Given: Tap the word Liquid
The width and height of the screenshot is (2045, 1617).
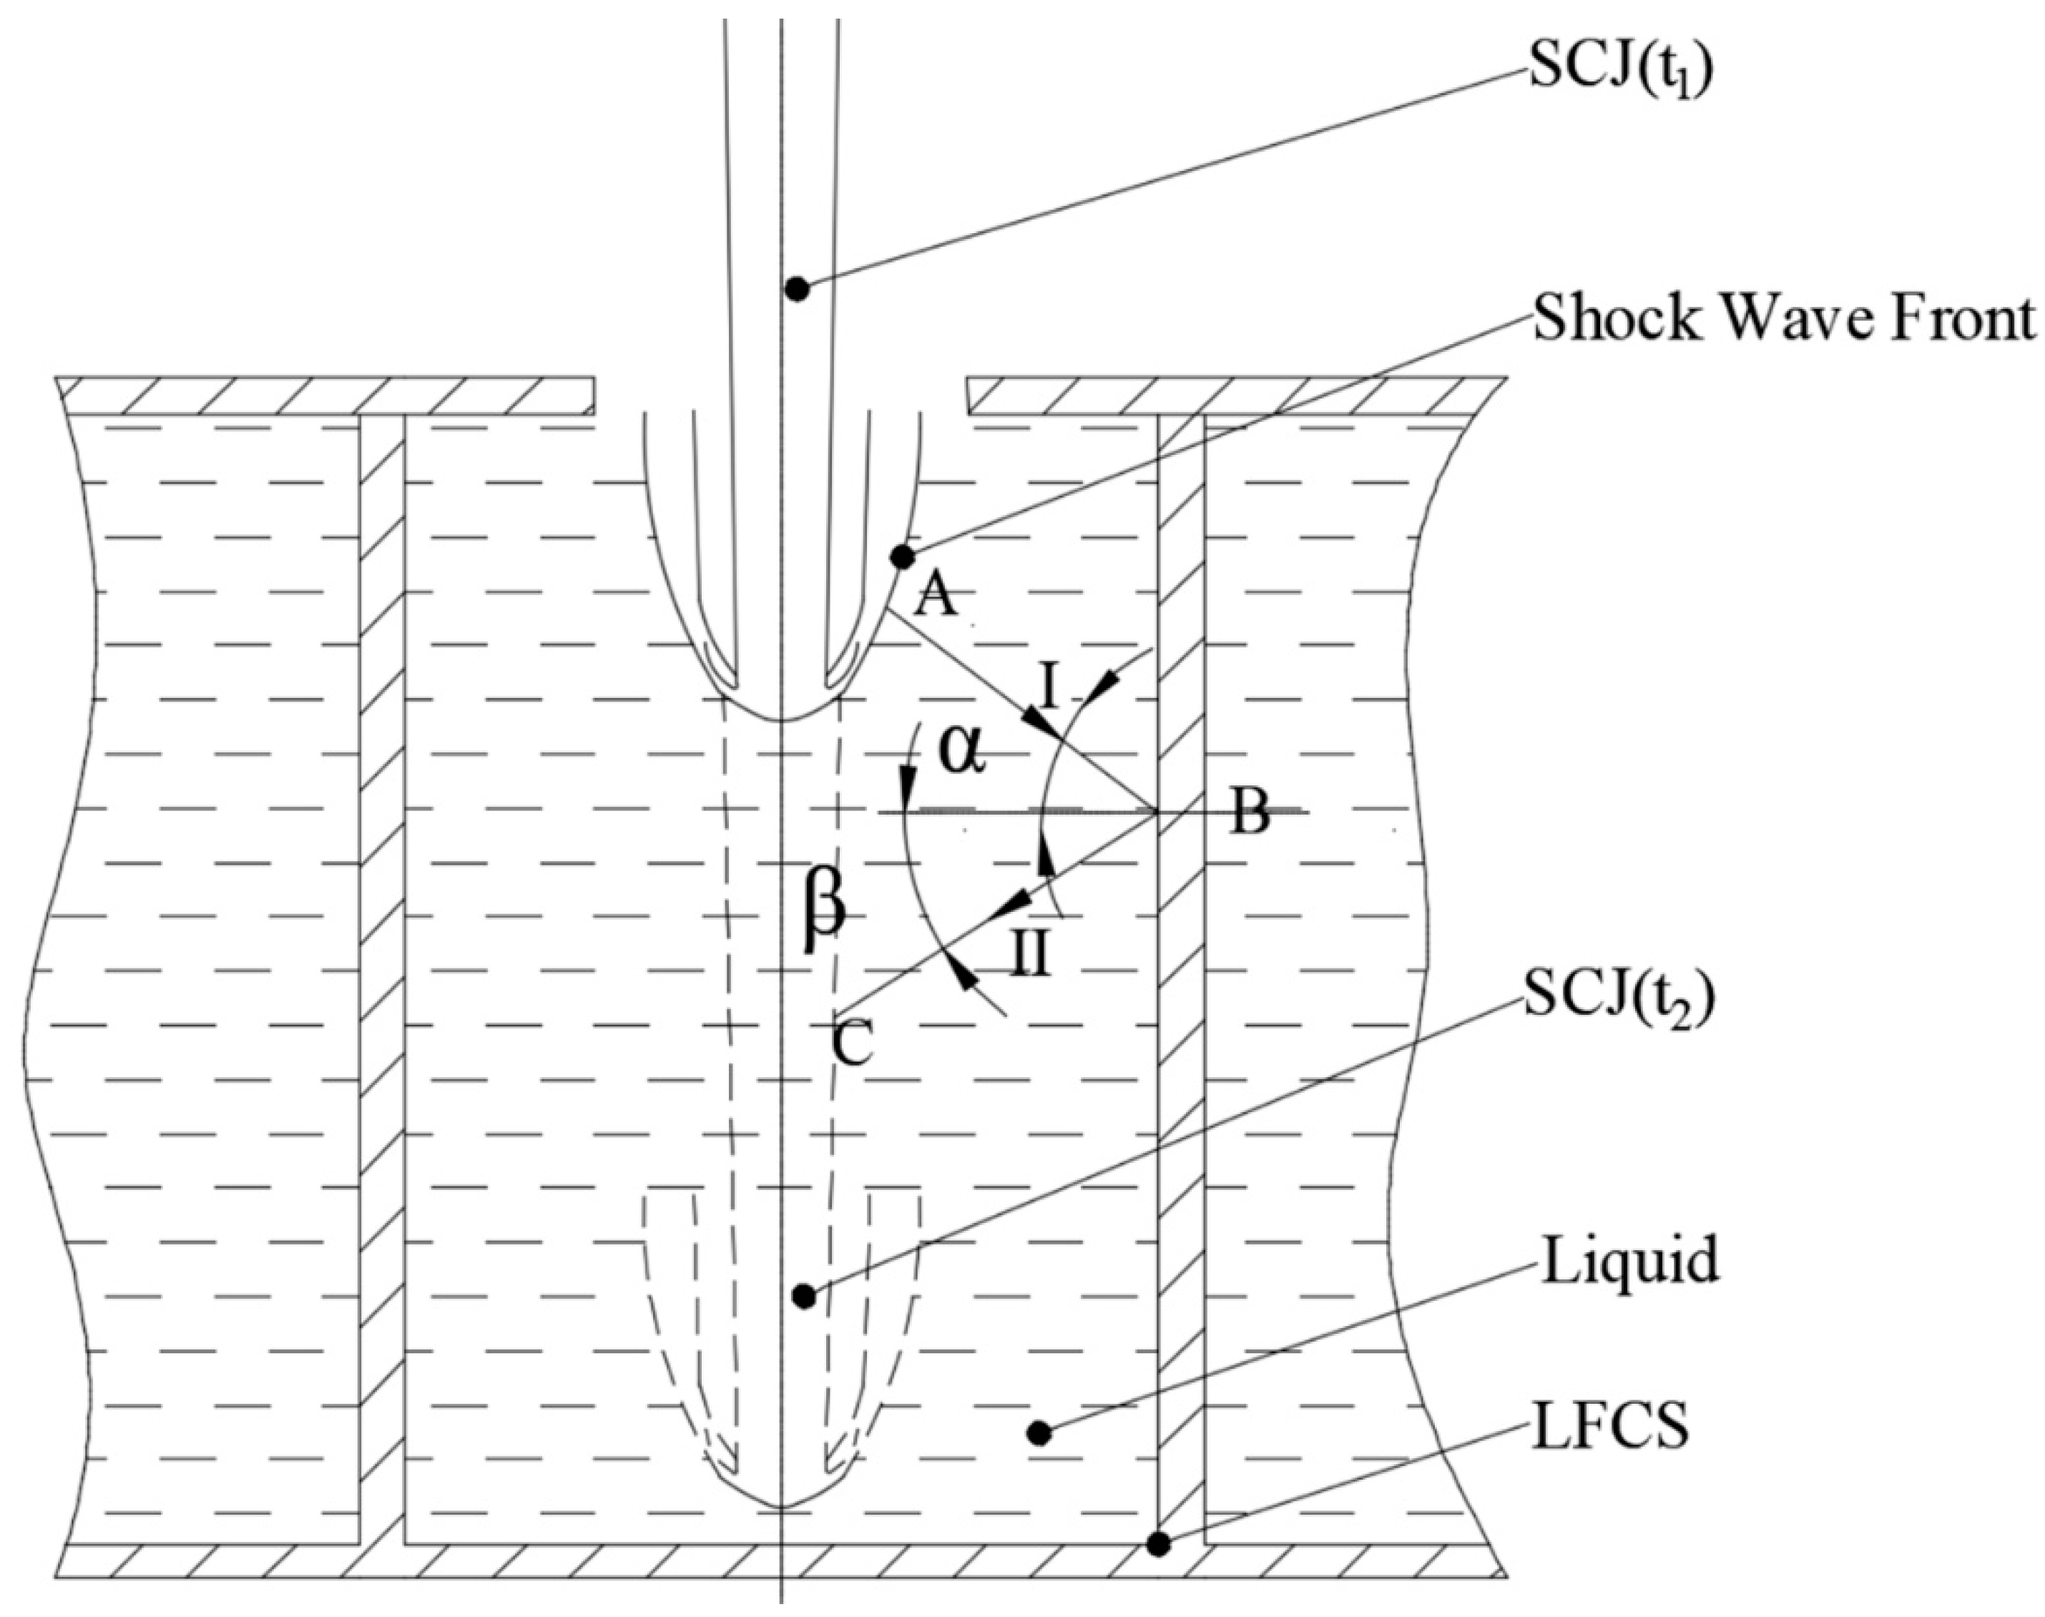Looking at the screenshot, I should click(x=1629, y=1263).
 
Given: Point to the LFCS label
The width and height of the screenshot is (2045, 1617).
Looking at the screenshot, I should click(x=1610, y=1427).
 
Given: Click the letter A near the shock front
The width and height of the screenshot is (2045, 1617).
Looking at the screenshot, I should click(x=936, y=596).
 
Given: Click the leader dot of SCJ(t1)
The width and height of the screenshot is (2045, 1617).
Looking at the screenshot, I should click(x=797, y=289).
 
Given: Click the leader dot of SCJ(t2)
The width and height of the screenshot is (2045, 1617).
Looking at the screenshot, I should click(x=804, y=1295).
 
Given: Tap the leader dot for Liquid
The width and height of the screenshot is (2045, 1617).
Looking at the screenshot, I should click(x=1039, y=1433).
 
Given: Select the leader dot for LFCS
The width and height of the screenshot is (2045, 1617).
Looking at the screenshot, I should click(x=1157, y=1544).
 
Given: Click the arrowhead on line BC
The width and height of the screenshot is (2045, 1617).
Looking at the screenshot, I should click(x=1006, y=912).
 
